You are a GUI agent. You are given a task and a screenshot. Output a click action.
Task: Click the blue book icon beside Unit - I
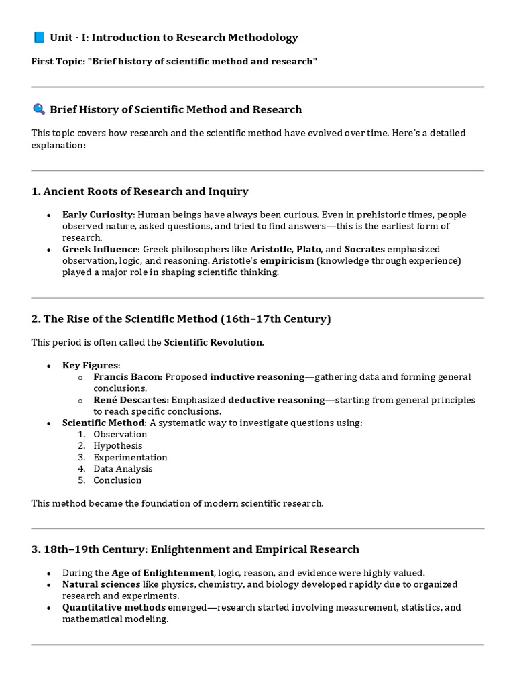click(38, 38)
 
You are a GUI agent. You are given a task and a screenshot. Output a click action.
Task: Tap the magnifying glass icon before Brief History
click(38, 109)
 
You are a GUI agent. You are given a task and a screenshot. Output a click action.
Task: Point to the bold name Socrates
click(364, 249)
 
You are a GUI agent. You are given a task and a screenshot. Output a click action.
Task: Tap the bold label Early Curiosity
click(98, 215)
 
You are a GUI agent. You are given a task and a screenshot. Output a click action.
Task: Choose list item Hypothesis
click(117, 445)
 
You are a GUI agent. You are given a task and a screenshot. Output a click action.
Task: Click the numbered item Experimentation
click(130, 457)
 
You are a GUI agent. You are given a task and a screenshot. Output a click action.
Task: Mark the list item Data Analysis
click(123, 468)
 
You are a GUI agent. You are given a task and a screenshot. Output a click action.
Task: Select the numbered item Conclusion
click(117, 480)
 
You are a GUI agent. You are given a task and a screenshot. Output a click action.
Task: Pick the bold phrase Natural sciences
click(101, 584)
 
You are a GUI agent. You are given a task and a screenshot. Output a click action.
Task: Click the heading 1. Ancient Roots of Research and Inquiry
click(139, 191)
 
